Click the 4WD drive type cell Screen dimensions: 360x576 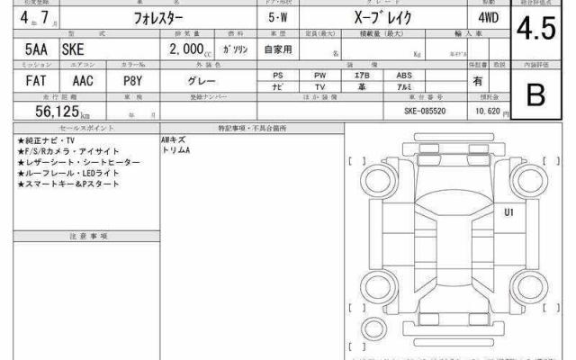coord(480,18)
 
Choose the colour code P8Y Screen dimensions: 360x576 coord(132,80)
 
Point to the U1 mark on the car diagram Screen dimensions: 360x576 coord(508,212)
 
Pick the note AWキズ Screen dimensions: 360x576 coord(175,140)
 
